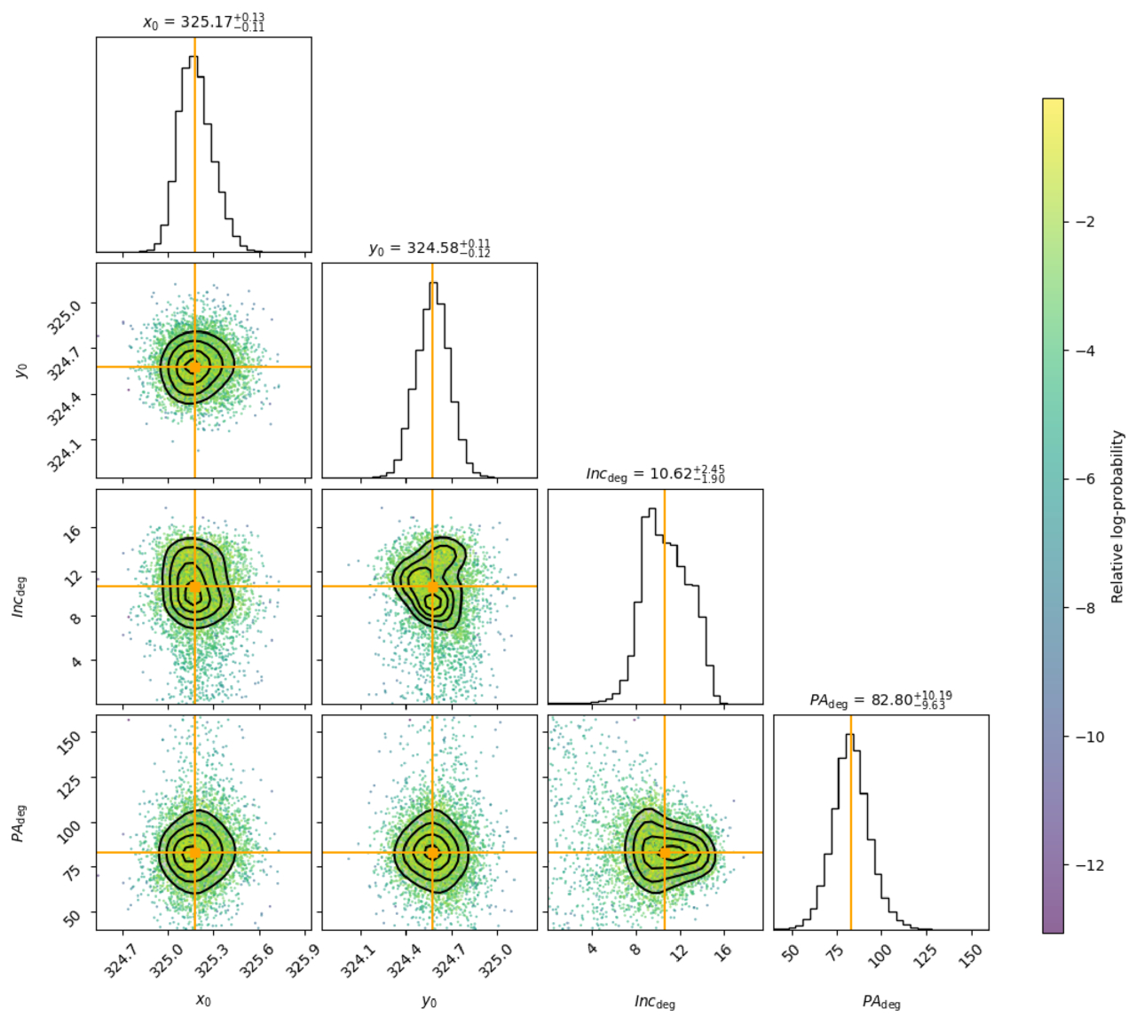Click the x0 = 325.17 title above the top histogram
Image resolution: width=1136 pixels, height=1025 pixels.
[203, 22]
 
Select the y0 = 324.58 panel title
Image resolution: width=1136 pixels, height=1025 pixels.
[430, 248]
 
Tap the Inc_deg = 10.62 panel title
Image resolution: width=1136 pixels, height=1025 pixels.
[655, 474]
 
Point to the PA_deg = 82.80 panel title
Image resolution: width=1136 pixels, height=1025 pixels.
[880, 700]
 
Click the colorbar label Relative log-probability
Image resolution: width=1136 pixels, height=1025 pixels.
[1116, 516]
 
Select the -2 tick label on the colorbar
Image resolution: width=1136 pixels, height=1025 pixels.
[1083, 222]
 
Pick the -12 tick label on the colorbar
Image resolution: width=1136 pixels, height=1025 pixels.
[1086, 865]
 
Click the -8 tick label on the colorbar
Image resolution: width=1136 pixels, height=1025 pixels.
[1083, 608]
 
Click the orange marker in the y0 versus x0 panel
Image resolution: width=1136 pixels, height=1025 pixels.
[194, 367]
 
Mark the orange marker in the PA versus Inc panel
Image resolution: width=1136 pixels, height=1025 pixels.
[664, 852]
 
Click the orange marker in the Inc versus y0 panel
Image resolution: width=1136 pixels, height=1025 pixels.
[432, 587]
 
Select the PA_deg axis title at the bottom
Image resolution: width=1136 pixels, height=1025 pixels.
[881, 1002]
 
